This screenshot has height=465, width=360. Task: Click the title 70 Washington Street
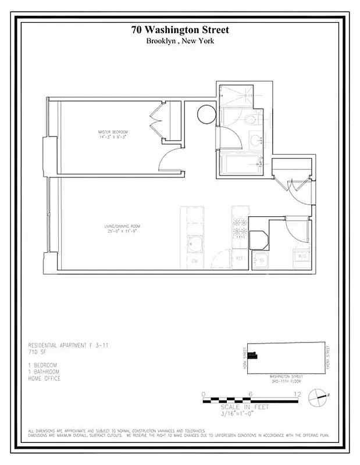(180, 30)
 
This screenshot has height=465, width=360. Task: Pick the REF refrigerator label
(239, 258)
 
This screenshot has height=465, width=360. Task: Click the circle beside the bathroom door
(206, 115)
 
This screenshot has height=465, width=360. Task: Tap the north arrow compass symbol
(318, 396)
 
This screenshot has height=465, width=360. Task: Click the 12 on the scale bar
(297, 394)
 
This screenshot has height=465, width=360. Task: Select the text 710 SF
(38, 352)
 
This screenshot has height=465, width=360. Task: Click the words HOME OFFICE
(44, 378)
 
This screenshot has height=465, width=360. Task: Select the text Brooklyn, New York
(180, 41)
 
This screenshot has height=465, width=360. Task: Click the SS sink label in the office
(261, 260)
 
